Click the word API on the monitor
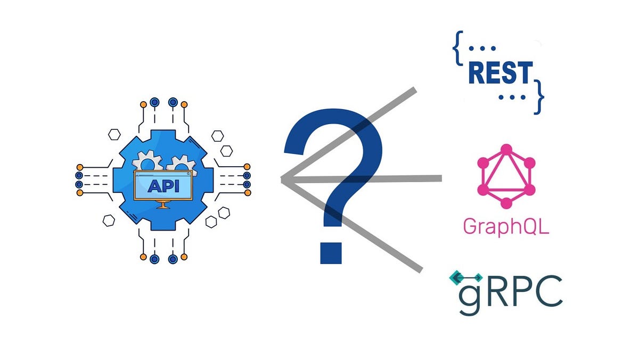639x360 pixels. click(x=162, y=186)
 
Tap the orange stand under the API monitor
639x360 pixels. click(x=163, y=204)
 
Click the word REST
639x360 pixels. click(x=501, y=73)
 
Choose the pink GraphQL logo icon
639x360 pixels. click(x=506, y=176)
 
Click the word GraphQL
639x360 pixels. click(x=505, y=226)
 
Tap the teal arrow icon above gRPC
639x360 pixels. click(x=465, y=277)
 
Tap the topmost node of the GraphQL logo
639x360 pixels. click(x=506, y=149)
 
